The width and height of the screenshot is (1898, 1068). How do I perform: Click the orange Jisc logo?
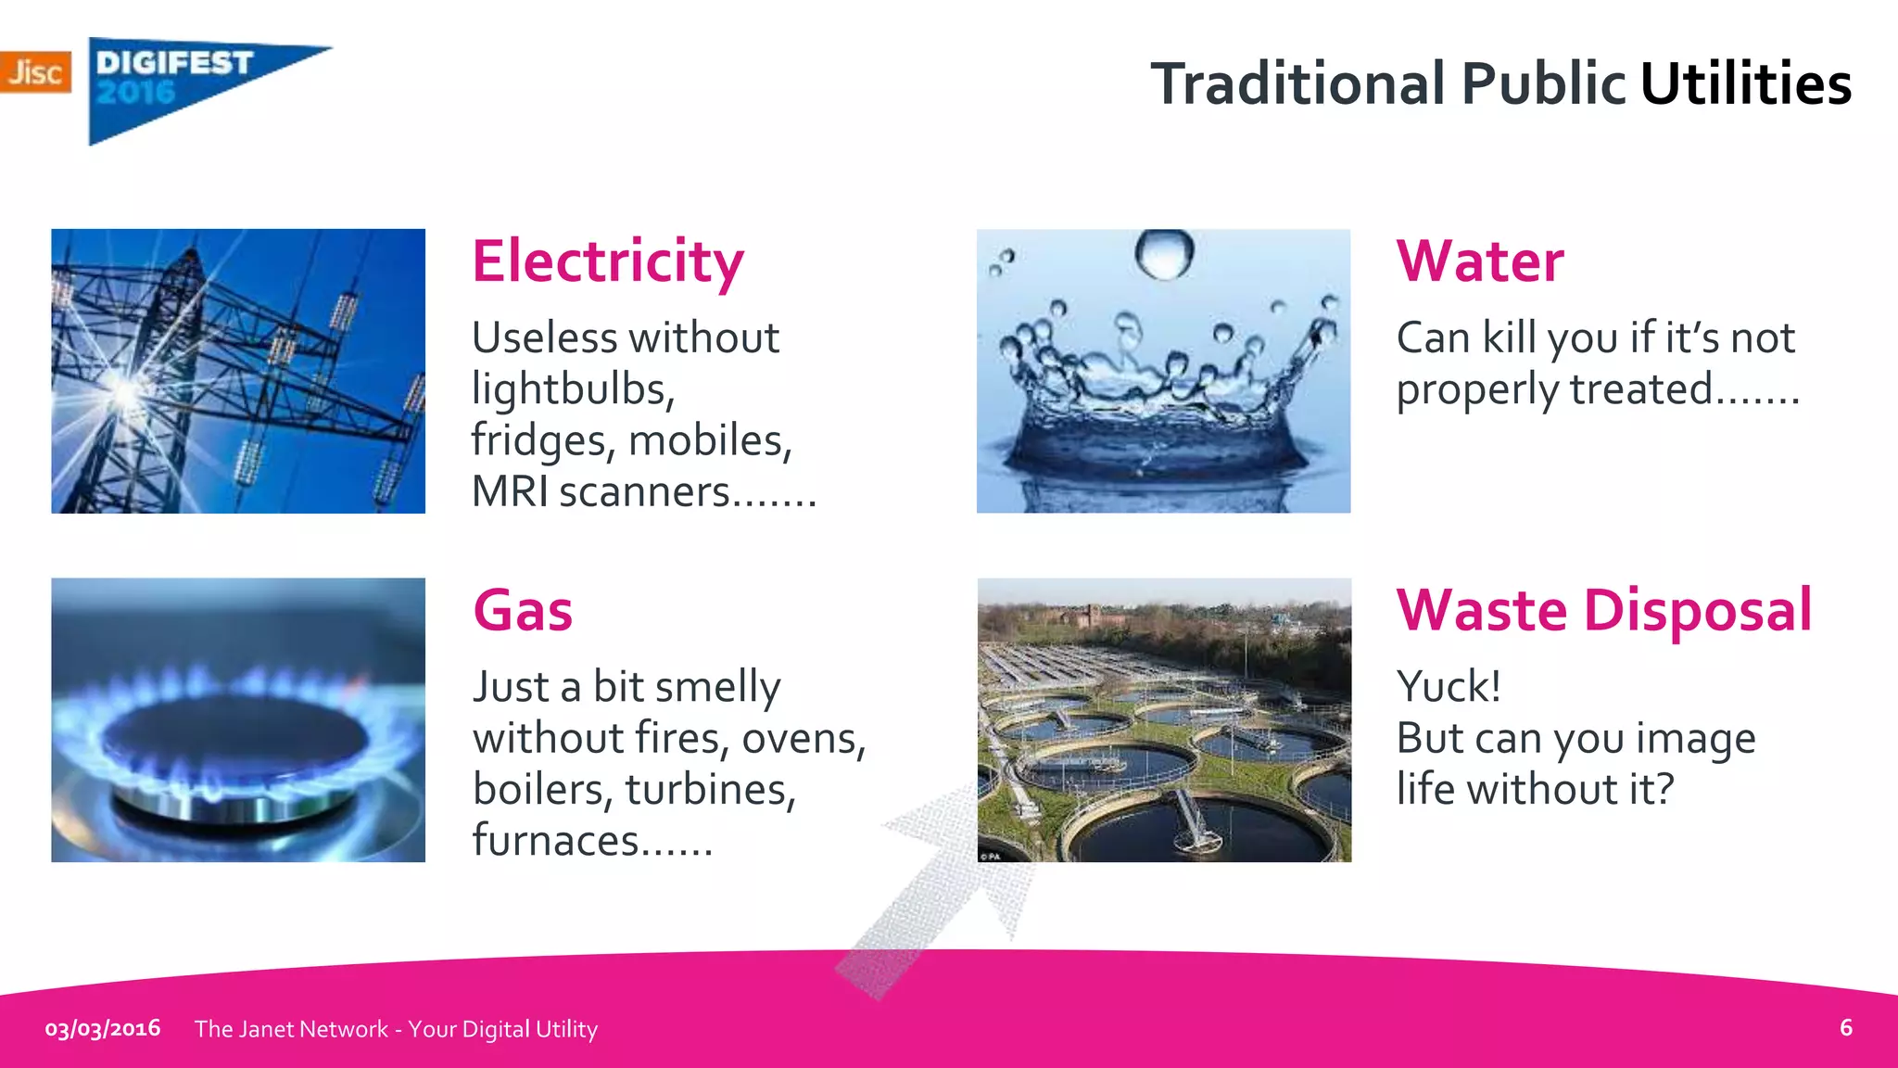35,71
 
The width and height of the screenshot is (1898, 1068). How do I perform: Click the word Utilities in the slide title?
1745,83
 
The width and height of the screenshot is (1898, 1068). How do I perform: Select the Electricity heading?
608,262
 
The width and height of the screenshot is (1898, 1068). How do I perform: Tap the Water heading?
1480,261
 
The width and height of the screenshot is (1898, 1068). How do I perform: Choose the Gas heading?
523,611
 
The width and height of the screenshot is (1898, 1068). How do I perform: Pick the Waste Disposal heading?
1603,611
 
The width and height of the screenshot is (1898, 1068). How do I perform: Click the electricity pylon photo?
238,371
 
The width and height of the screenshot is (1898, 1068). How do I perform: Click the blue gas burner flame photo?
238,720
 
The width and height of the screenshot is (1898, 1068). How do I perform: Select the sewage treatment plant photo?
1164,720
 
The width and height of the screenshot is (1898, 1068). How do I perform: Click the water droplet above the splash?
1164,252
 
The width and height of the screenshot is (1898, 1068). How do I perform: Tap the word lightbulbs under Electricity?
573,389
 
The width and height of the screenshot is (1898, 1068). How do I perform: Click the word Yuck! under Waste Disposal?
1449,687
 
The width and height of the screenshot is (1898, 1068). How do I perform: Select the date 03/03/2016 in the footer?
103,1028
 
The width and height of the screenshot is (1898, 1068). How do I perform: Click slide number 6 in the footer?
1845,1027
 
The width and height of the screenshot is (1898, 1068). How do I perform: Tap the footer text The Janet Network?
291,1029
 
